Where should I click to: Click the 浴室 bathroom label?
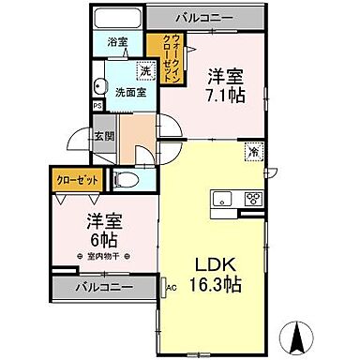pos(116,42)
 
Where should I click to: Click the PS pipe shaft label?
pos(97,106)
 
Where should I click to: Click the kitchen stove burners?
pos(253,198)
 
